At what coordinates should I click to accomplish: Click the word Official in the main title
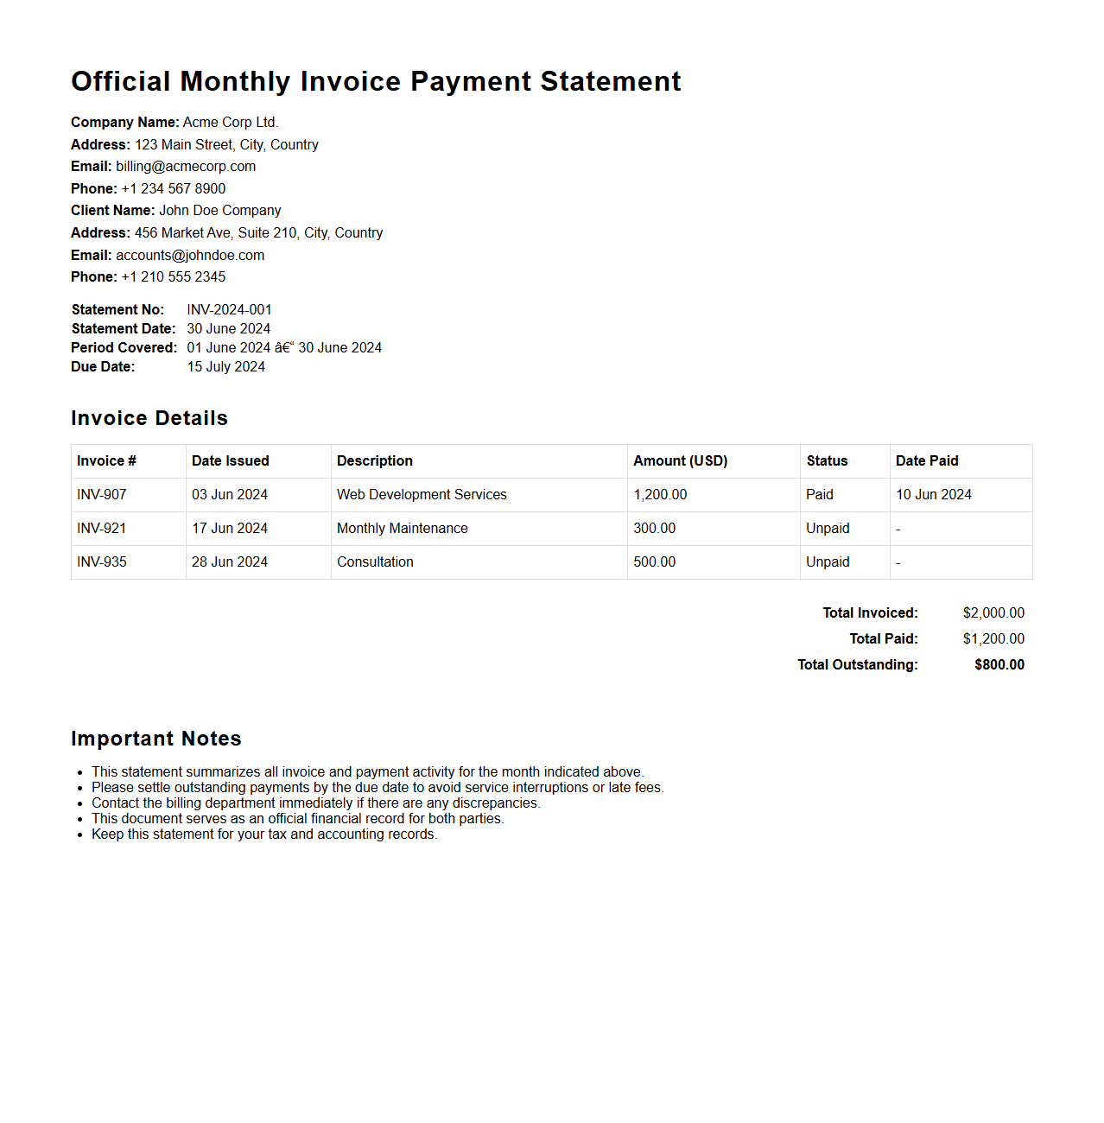coord(121,81)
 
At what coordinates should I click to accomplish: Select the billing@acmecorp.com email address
coord(186,167)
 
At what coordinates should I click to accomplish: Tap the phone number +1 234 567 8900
coord(173,189)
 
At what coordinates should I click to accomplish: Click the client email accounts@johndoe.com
coord(190,256)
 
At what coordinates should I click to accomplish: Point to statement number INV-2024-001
coord(229,310)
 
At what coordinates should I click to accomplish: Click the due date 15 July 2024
coord(225,367)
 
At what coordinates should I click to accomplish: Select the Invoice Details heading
coord(149,418)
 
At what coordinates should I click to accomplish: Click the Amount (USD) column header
coord(680,461)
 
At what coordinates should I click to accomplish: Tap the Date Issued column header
coord(230,461)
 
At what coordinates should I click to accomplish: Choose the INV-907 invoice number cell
coord(102,495)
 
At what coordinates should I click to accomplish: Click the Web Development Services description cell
coord(422,495)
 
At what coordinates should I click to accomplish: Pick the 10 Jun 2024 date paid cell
coord(933,495)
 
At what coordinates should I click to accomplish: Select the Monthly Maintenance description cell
coord(402,529)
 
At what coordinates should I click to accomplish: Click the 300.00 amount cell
coord(654,529)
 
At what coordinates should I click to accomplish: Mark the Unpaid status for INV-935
coord(828,562)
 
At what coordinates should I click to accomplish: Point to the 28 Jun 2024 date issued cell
coord(229,562)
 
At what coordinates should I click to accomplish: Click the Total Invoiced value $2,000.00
coord(993,613)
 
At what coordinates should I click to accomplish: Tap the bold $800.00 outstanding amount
coord(999,665)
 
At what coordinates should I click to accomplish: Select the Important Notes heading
coord(156,739)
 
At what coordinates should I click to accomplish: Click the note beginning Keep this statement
coord(264,834)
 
